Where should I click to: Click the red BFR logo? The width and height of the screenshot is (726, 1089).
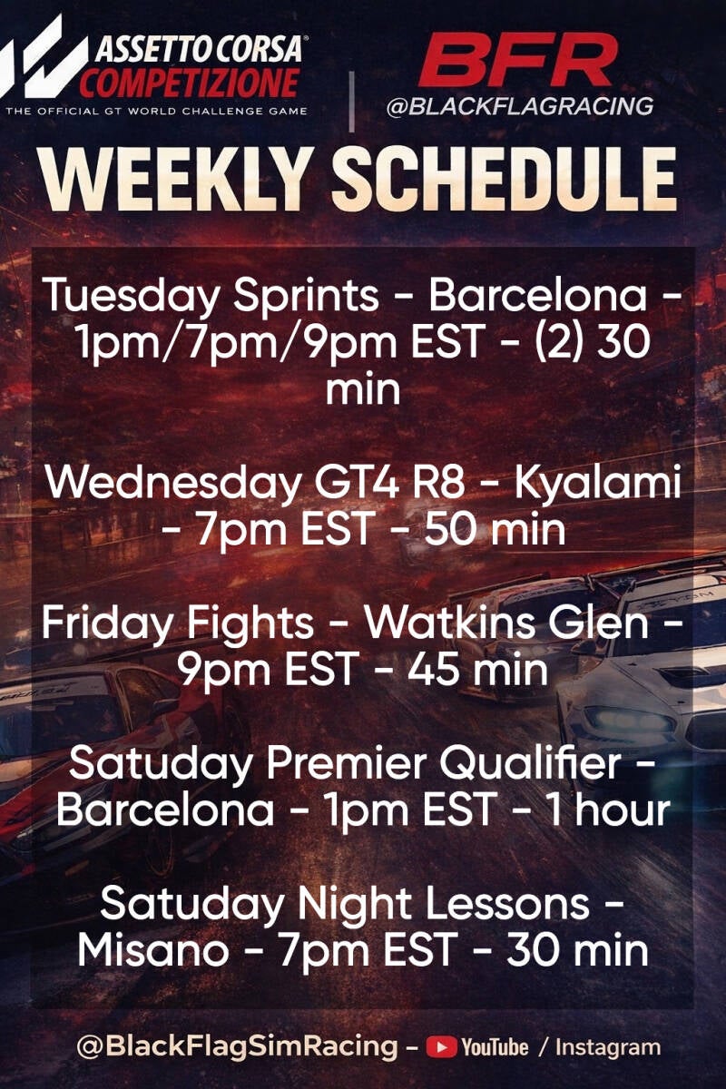pyautogui.click(x=518, y=61)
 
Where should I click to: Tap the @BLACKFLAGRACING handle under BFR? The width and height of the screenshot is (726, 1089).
pyautogui.click(x=520, y=106)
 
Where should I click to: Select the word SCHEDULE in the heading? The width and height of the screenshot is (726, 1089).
pyautogui.click(x=504, y=179)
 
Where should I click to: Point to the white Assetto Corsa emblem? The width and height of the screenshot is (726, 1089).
pyautogui.click(x=42, y=56)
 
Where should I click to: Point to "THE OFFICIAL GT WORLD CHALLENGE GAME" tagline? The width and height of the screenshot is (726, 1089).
pyautogui.click(x=157, y=112)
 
